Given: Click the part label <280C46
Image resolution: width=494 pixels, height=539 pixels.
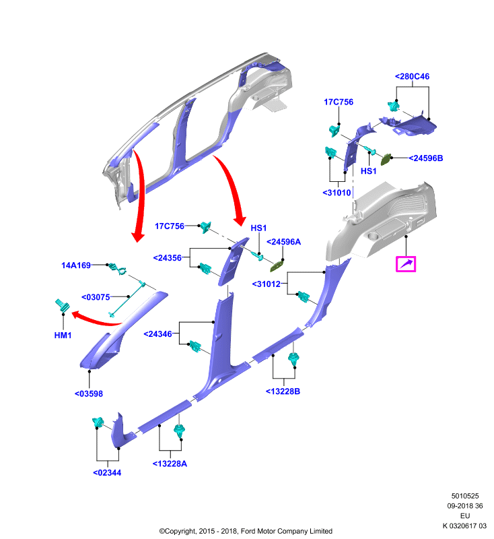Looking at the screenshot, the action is [412, 76].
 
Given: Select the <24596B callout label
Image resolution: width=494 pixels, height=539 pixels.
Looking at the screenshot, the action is [425, 158].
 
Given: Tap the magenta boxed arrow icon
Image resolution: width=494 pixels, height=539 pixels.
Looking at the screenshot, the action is [406, 264].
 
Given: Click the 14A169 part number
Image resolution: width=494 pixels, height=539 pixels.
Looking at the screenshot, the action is [76, 265].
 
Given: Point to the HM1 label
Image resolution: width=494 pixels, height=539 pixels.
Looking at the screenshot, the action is [63, 335].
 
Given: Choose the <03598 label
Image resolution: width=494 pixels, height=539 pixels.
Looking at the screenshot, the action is [89, 393].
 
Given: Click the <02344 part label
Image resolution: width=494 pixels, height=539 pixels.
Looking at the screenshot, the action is [107, 473].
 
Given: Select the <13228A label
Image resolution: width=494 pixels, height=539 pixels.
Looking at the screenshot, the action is [170, 464].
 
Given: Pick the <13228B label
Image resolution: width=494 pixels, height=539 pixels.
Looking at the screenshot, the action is [283, 391].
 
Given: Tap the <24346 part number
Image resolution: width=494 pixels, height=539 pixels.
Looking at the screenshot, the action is [157, 334].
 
